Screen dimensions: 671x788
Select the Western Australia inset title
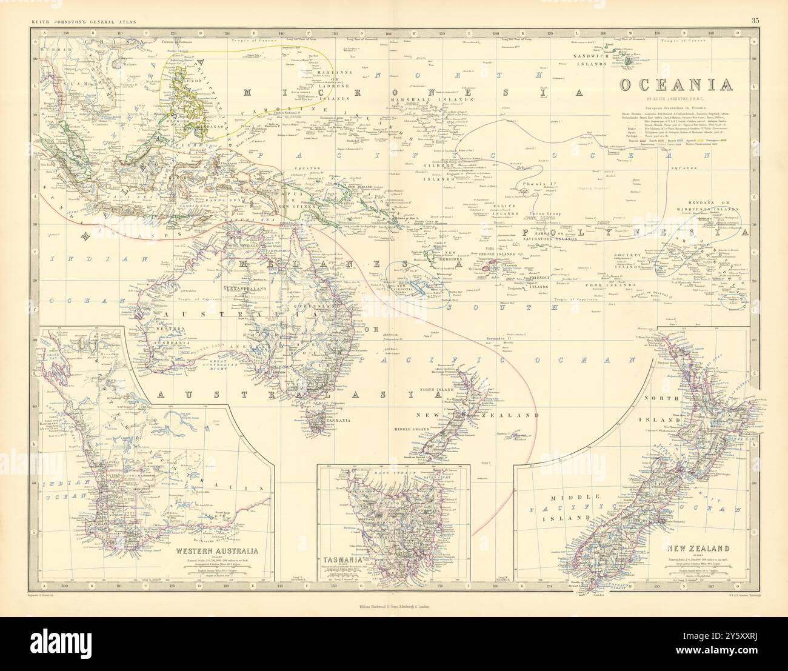click(x=217, y=551)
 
